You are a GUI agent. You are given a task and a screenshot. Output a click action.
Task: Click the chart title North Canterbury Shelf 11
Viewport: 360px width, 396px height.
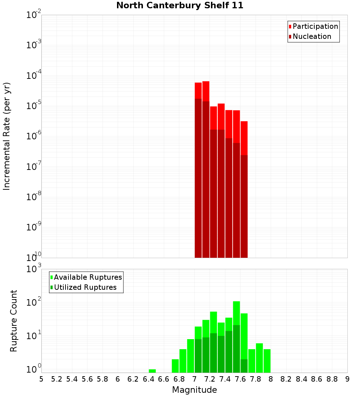click(x=180, y=6)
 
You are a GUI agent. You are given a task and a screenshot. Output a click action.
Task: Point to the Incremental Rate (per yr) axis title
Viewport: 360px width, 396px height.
click(x=7, y=136)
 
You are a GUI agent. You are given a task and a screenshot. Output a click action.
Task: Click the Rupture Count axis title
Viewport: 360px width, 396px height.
click(x=14, y=321)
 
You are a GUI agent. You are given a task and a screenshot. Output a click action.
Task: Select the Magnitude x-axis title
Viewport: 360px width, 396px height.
click(x=194, y=390)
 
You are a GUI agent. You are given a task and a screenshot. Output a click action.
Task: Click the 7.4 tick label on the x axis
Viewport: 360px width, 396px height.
click(x=225, y=379)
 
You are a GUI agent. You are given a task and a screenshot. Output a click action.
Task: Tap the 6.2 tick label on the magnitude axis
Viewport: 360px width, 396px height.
click(x=133, y=379)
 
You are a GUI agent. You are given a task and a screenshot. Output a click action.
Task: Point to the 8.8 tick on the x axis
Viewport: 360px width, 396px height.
click(x=332, y=379)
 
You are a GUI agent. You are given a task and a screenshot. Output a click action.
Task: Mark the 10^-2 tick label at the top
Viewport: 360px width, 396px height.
click(x=34, y=15)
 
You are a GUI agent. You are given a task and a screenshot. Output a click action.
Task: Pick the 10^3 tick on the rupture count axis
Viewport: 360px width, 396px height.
click(x=34, y=269)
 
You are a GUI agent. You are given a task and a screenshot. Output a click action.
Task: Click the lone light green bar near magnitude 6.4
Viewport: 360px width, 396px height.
click(x=152, y=371)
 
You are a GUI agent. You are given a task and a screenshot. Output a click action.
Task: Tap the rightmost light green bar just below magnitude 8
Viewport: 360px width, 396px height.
click(x=267, y=361)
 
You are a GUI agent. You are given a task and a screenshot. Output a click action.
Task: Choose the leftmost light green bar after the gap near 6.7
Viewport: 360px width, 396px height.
click(x=175, y=366)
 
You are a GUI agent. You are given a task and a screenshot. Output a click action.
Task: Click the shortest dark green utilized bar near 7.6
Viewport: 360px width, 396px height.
click(x=244, y=366)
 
